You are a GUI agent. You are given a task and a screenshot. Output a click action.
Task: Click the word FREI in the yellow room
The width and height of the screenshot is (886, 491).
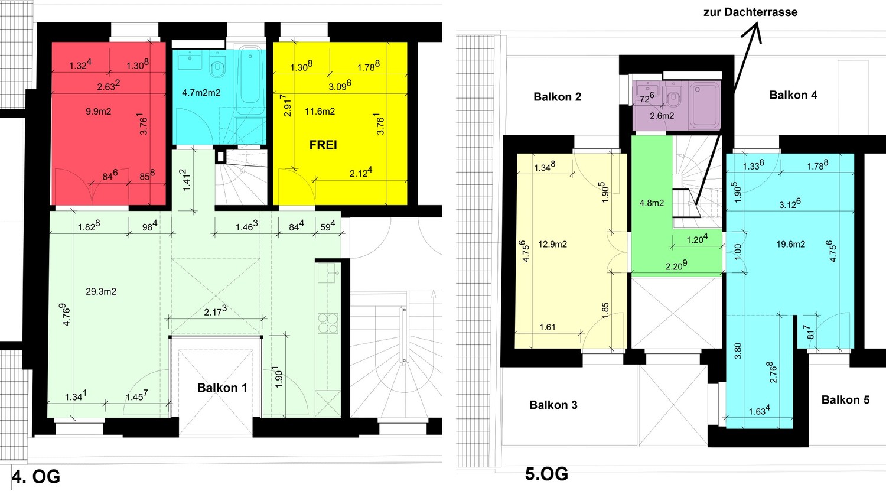pyautogui.click(x=323, y=145)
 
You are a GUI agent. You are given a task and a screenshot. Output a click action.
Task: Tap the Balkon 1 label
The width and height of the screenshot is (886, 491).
pyautogui.click(x=222, y=388)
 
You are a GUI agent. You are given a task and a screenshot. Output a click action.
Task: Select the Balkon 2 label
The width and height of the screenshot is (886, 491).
pyautogui.click(x=558, y=97)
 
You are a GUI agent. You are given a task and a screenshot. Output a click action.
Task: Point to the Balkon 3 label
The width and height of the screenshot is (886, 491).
pyautogui.click(x=553, y=405)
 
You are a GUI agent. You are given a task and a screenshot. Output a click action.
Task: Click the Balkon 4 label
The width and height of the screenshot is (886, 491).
pyautogui.click(x=793, y=95)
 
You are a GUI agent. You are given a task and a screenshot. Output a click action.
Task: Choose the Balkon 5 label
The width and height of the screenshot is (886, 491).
pyautogui.click(x=845, y=400)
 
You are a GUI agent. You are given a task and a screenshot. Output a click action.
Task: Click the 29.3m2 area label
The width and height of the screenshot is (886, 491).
pyautogui.click(x=101, y=292)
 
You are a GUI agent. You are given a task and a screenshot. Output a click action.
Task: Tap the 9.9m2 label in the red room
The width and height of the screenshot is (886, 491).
pyautogui.click(x=99, y=112)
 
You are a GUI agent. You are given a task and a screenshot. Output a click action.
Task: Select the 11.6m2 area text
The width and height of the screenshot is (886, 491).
pyautogui.click(x=320, y=112)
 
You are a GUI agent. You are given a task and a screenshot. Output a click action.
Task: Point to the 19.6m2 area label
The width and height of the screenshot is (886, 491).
pyautogui.click(x=791, y=245)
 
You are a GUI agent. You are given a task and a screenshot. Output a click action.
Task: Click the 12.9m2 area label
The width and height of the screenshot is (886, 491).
pyautogui.click(x=552, y=245)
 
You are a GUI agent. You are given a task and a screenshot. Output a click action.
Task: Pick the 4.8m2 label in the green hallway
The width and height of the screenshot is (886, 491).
pyautogui.click(x=652, y=203)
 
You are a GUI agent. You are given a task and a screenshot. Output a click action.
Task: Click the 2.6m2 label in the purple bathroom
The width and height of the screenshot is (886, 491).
pyautogui.click(x=662, y=116)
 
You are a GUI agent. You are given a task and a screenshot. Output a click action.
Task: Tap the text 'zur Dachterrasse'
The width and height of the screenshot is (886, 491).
pyautogui.click(x=750, y=12)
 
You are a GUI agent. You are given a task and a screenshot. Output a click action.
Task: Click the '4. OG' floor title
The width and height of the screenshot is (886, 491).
pyautogui.click(x=36, y=477)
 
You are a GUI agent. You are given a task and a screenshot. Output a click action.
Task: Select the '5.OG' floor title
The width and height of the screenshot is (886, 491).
pyautogui.click(x=546, y=474)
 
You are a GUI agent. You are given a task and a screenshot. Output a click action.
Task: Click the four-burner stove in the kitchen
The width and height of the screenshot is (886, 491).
pyautogui.click(x=328, y=323)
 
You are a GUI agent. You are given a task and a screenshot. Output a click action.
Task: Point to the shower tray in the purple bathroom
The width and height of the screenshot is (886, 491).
pyautogui.click(x=705, y=105)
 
